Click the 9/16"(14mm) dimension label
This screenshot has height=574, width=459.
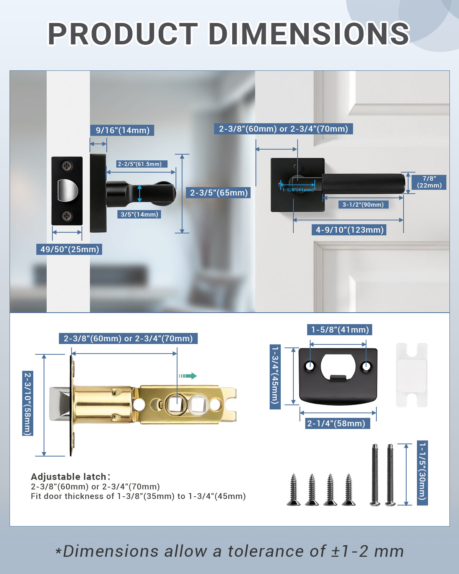coord(122,130)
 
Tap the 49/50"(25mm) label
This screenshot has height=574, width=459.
coord(70,249)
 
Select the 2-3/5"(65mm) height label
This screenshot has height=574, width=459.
coord(219,192)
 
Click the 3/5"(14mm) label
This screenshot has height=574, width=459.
coord(139,214)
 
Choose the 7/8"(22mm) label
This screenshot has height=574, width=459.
coord(429,182)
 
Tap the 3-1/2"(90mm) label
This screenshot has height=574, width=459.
coord(363,204)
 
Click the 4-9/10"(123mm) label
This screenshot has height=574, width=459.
coord(350,230)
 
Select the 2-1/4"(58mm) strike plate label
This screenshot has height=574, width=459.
coord(336,423)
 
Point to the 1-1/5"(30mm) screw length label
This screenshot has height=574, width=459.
coord(422,473)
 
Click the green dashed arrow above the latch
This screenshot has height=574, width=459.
coord(187,376)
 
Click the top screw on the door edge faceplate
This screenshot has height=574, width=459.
coord(67,166)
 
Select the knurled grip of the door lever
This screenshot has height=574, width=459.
coord(363,184)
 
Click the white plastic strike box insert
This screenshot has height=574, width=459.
coord(412,375)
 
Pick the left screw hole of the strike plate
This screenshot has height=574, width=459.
coord(310,366)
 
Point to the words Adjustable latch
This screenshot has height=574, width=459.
coord(69,476)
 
